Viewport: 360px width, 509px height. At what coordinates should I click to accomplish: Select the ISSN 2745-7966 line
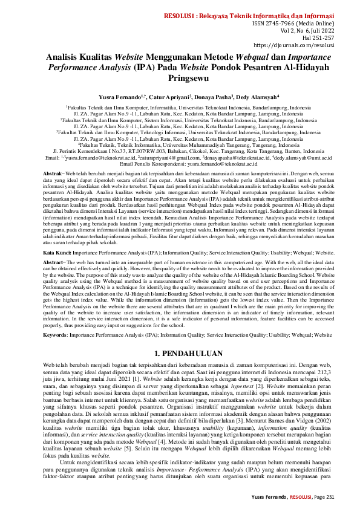point(299,24)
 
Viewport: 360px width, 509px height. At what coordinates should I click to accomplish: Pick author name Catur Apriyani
point(154,96)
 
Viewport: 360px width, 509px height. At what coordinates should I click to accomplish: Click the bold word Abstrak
point(54,173)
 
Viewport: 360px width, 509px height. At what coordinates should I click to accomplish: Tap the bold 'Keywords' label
point(59,334)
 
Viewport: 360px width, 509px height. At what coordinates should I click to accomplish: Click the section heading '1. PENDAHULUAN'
point(180,352)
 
